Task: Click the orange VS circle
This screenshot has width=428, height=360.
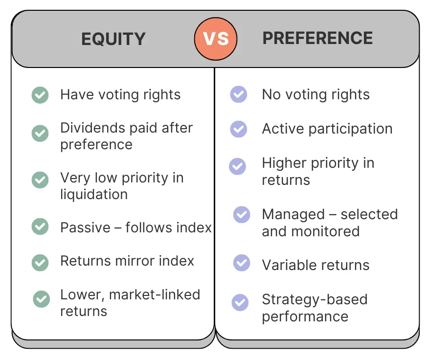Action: click(x=216, y=39)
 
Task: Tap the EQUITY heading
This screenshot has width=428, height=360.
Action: click(x=113, y=39)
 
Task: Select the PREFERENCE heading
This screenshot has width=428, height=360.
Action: click(x=318, y=38)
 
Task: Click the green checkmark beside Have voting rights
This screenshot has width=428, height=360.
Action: click(x=40, y=95)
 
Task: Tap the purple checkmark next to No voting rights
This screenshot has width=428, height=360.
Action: click(x=239, y=94)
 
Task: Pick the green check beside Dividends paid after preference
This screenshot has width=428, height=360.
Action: click(x=40, y=133)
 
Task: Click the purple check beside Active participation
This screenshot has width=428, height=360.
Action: click(x=239, y=129)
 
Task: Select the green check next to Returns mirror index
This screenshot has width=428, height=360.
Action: click(x=40, y=263)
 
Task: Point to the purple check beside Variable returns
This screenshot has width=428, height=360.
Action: click(x=242, y=263)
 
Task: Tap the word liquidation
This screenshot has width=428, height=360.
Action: click(x=94, y=195)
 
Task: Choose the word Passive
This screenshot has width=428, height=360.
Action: click(x=85, y=227)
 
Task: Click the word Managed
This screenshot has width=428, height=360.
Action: click(x=293, y=215)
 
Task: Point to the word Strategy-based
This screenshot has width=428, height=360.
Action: click(x=315, y=300)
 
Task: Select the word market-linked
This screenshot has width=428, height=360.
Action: click(x=155, y=294)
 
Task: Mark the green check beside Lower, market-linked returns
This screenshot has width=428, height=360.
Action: click(x=41, y=299)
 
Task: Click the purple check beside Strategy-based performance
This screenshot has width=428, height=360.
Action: click(x=240, y=302)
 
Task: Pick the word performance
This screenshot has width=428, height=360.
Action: click(x=305, y=316)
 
